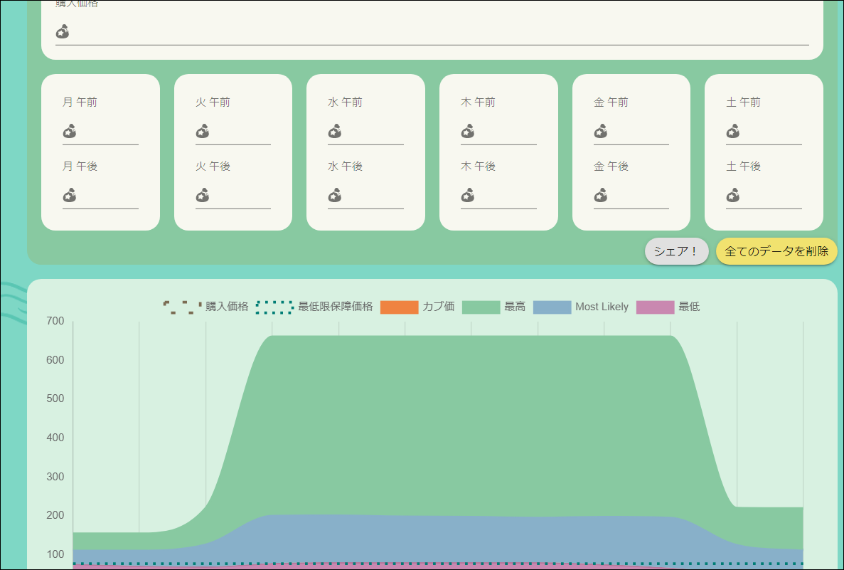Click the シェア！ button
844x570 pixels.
coord(676,251)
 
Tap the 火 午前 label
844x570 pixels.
coord(213,102)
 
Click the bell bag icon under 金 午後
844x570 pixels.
coord(601,195)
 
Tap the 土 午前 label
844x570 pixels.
coord(743,102)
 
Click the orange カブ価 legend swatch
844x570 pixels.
coord(399,307)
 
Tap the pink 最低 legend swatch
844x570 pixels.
coord(655,307)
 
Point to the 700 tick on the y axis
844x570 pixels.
coord(55,322)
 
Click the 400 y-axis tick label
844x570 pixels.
coord(55,438)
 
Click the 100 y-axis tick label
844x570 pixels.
coord(55,554)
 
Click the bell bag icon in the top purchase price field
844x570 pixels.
coord(63,31)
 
